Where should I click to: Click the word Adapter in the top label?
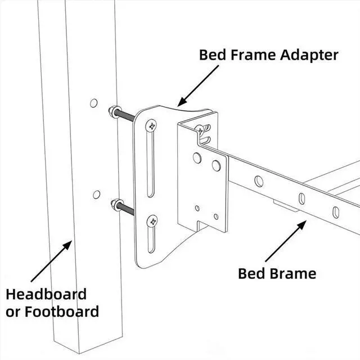pyautogui.click(x=309, y=55)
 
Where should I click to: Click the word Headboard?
pyautogui.click(x=46, y=294)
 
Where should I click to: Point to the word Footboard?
pyautogui.click(x=62, y=312)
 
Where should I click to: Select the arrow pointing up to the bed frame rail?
pyautogui.click(x=286, y=241)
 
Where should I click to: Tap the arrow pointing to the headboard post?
pyautogui.click(x=51, y=261)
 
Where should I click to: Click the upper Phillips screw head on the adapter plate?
pyautogui.click(x=151, y=126)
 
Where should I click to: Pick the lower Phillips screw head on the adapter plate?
pyautogui.click(x=152, y=221)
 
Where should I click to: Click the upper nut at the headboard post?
pyautogui.click(x=113, y=111)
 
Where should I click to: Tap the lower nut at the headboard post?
pyautogui.click(x=115, y=205)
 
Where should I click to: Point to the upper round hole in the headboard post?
pyautogui.click(x=94, y=103)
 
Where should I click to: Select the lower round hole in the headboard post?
pyautogui.click(x=96, y=195)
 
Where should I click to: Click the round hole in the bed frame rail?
pyautogui.click(x=259, y=181)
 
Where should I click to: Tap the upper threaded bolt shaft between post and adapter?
pyautogui.click(x=125, y=116)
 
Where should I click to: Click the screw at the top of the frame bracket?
pyautogui.click(x=200, y=130)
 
